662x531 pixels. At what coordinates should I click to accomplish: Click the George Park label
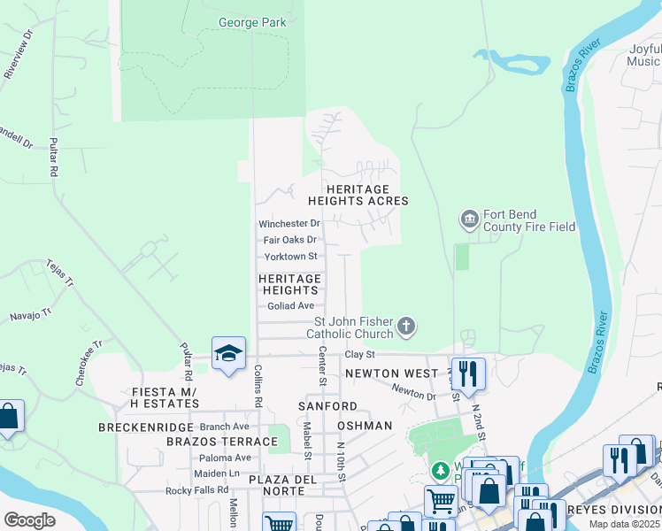coord(252,22)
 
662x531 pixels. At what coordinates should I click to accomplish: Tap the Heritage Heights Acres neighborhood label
coord(358,196)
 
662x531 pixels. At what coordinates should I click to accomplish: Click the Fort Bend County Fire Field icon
coord(469,218)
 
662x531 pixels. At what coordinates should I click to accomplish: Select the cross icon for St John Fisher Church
coord(405,327)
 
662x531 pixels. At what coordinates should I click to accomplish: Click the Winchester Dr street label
coord(289,224)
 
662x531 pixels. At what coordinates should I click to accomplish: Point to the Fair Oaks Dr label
coord(289,240)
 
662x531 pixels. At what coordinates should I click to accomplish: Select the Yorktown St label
coord(290,257)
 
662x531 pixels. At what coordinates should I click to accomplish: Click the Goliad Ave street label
coord(291,306)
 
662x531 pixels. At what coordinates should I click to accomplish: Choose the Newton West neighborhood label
coord(391,373)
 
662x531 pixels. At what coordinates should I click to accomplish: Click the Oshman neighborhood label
coord(364,426)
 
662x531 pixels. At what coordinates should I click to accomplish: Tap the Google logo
coord(29,519)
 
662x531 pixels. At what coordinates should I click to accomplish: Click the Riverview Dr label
coord(18,56)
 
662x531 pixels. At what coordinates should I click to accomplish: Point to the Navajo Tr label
coord(31,311)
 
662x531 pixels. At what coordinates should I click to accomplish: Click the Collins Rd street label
coord(258,387)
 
